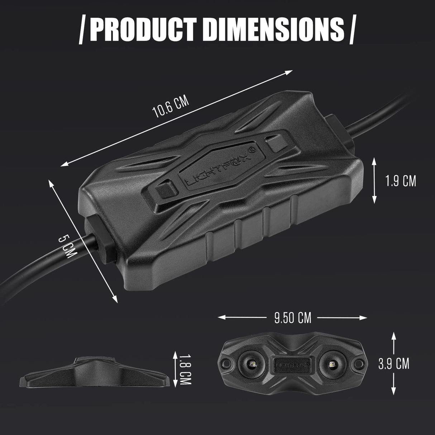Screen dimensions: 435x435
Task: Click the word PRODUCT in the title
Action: tap(144, 29)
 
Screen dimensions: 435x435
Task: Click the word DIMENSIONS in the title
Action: tap(275, 29)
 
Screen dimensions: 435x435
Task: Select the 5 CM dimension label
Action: tap(66, 247)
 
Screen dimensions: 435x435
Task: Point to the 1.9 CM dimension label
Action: tap(400, 181)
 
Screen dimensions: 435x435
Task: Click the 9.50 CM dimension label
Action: tap(292, 317)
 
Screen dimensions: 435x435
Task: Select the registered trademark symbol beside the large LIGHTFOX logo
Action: tap(252, 149)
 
